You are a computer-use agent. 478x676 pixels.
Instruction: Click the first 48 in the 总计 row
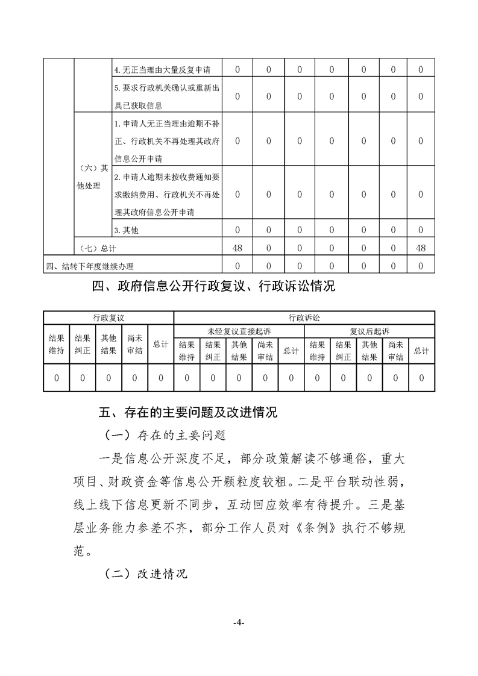[x=237, y=248]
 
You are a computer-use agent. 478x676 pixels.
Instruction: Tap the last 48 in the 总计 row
[x=420, y=248]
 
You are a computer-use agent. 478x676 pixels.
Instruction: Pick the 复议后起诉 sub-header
[x=369, y=331]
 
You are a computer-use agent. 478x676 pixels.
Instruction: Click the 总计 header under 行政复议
[x=160, y=344]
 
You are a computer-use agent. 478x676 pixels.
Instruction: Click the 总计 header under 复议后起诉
[x=421, y=351]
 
